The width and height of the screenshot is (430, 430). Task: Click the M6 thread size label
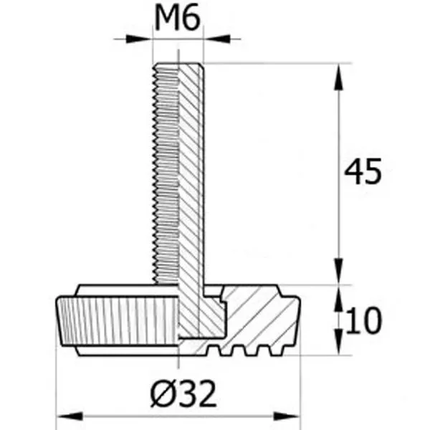(178, 19)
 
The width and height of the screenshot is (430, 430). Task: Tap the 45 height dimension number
(363, 171)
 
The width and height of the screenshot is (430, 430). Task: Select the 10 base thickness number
(363, 320)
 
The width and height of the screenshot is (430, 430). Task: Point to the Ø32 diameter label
(183, 393)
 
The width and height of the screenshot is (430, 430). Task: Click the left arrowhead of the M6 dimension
(139, 39)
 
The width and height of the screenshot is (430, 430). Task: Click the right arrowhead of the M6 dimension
(216, 39)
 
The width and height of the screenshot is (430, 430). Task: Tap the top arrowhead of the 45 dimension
(339, 77)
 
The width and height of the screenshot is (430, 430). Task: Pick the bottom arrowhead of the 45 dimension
(339, 272)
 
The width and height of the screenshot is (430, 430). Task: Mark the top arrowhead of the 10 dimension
(339, 298)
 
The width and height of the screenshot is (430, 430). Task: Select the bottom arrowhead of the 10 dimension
(339, 342)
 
